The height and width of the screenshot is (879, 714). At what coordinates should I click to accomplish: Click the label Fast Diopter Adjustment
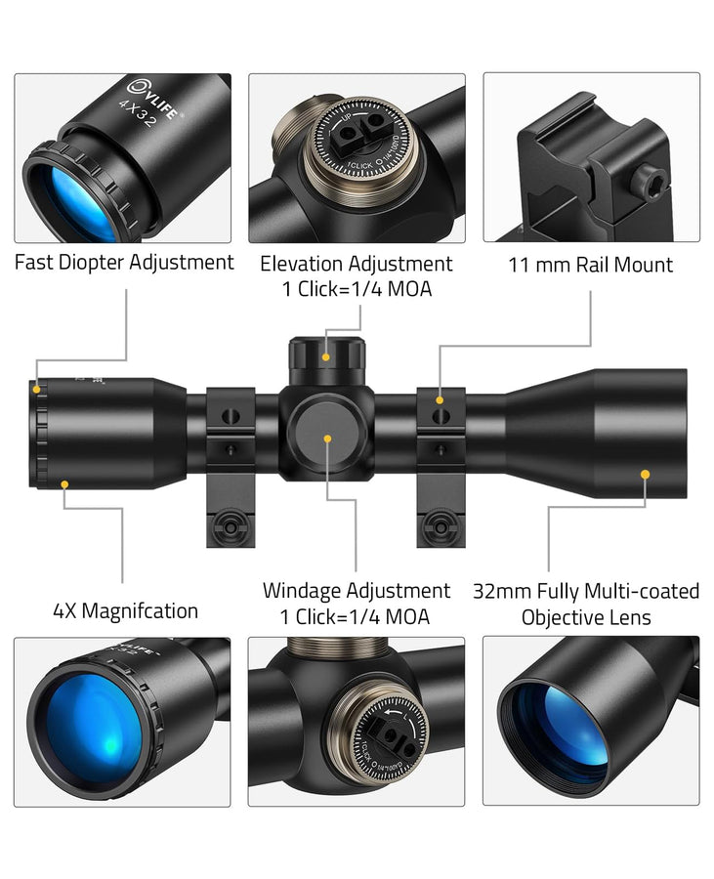pos(124,263)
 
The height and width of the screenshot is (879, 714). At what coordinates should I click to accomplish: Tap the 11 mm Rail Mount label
pos(590,265)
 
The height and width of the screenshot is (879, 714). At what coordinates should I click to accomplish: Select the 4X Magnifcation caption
pos(125,611)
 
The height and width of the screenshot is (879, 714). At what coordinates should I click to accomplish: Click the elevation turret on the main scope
pos(326,356)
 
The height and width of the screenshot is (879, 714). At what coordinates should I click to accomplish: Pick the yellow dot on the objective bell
pos(645,474)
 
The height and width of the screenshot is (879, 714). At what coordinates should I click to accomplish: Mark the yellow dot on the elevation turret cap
pos(326,358)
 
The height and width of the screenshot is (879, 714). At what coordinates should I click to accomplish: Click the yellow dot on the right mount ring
pos(441,399)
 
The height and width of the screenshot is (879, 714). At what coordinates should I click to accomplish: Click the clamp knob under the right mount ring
pos(441,524)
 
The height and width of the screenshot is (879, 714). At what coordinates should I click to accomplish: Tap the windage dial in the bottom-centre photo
pos(391,738)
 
